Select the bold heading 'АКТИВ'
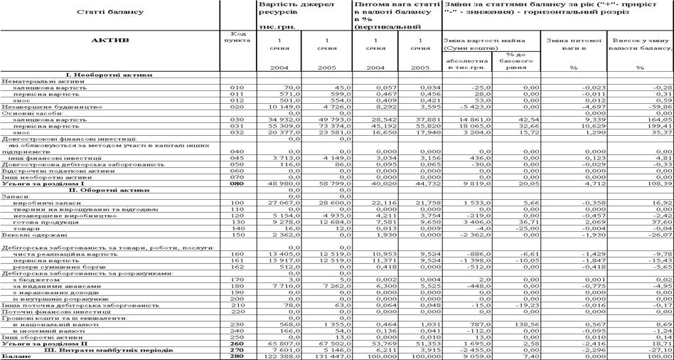[x=109, y=41]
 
